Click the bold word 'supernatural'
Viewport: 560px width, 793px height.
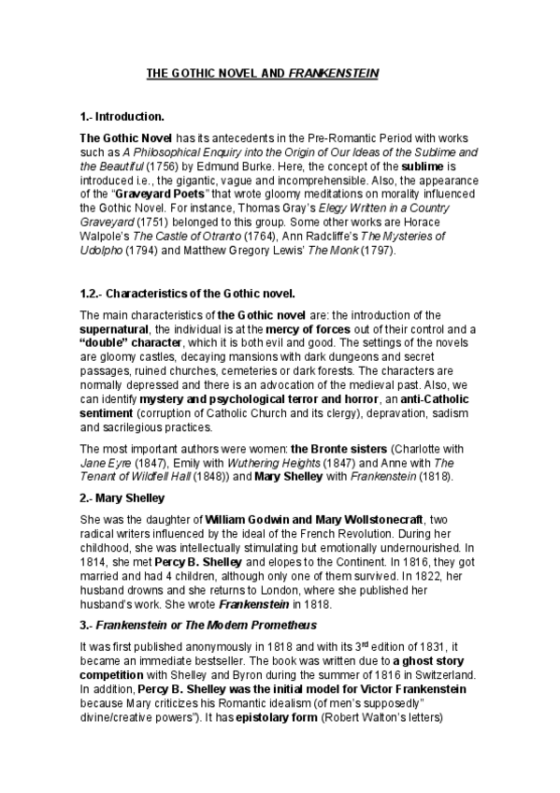coord(120,328)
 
